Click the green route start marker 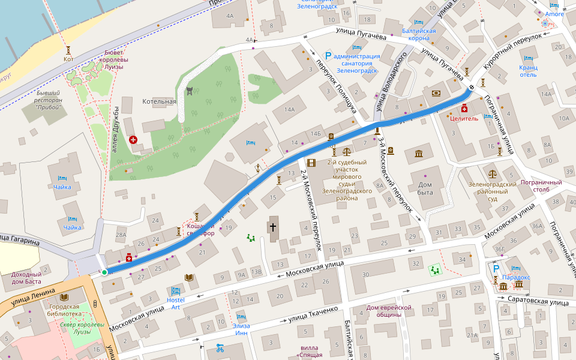pos(104,272)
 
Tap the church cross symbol pos(272,227)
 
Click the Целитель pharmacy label pos(464,119)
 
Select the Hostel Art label pos(176,303)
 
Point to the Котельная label pos(159,101)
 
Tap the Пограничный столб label pos(541,186)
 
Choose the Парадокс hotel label pos(516,277)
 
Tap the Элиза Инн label pos(242,329)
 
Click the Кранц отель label pos(528,71)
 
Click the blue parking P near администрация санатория pos(328,56)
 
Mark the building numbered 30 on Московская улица pos(365,274)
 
